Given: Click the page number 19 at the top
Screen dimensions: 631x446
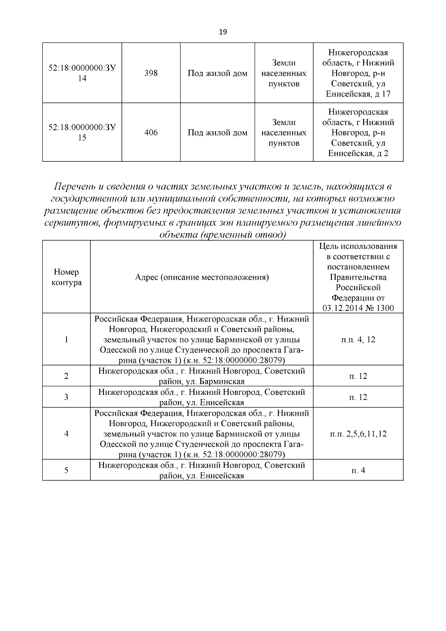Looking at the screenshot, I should [x=223, y=32].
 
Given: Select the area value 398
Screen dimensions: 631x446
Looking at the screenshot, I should [x=151, y=73].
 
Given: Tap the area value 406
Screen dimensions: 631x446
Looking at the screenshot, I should [x=151, y=132].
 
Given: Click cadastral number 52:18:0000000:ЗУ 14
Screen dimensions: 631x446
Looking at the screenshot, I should [x=82, y=73].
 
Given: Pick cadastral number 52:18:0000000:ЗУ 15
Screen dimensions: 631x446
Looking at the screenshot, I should [x=82, y=132].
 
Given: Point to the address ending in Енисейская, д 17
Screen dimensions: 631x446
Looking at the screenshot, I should [x=358, y=73].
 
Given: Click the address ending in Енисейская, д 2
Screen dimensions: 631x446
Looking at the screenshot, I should [x=358, y=132].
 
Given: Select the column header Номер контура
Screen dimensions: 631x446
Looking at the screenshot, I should [x=66, y=277].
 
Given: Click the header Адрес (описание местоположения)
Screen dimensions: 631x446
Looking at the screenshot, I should [x=201, y=277].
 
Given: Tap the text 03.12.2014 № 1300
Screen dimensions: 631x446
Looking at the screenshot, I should [x=358, y=308].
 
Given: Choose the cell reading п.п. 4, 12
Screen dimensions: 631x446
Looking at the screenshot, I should [x=358, y=339].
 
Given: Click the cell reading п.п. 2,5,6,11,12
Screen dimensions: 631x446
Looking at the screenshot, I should [x=358, y=434].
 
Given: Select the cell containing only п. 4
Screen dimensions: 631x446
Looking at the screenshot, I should [x=358, y=470].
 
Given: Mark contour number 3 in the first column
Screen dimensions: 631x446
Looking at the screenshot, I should [x=66, y=397].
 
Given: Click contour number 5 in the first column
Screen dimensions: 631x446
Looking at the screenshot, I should [x=66, y=470].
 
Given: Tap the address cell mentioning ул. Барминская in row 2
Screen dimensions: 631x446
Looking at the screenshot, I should [x=201, y=376].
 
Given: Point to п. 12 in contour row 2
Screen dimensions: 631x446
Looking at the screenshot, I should [x=358, y=376].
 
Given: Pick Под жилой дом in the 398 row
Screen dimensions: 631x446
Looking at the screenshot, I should [x=217, y=73].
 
